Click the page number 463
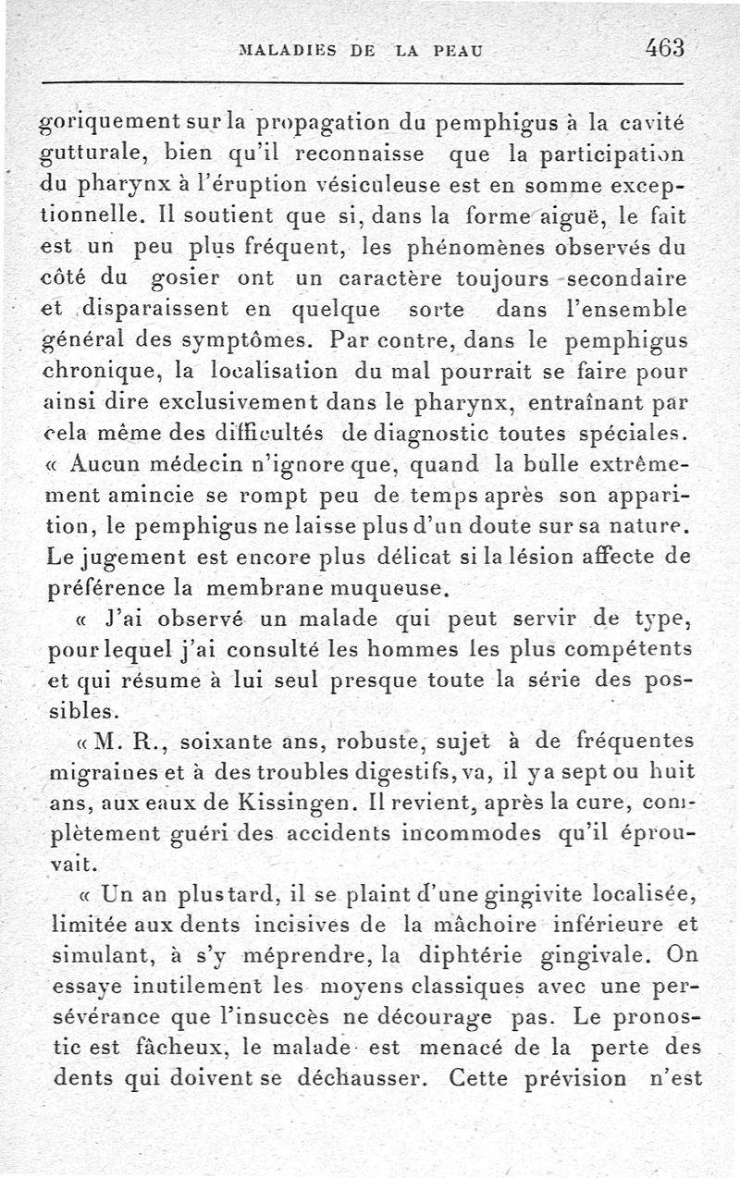click(x=664, y=47)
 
